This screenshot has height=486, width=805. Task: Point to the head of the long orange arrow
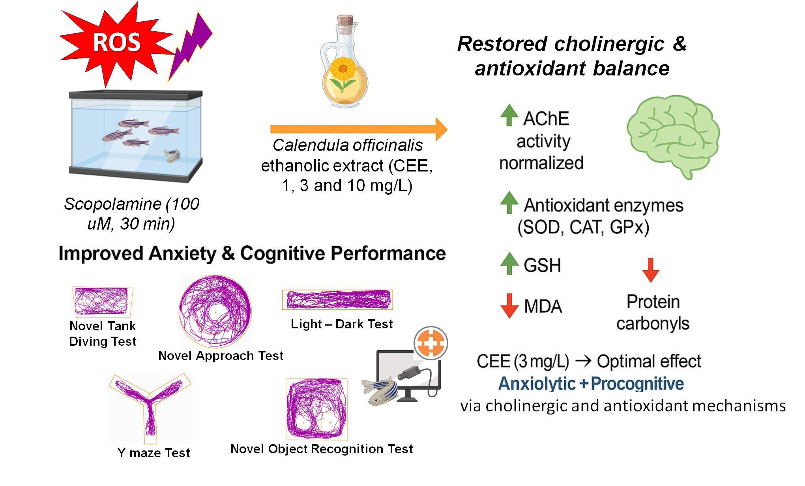click(441, 129)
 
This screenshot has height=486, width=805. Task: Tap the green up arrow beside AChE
click(509, 115)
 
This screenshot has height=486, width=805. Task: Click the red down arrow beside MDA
click(509, 305)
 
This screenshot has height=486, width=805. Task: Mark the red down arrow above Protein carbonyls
click(650, 270)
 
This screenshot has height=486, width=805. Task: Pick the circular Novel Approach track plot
click(215, 311)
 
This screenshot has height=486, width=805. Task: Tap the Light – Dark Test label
click(342, 324)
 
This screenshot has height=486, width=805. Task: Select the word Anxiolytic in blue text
click(537, 384)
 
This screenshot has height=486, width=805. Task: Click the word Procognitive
click(637, 384)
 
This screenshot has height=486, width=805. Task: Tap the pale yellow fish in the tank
click(172, 155)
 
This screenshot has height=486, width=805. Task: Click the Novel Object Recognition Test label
click(322, 449)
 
